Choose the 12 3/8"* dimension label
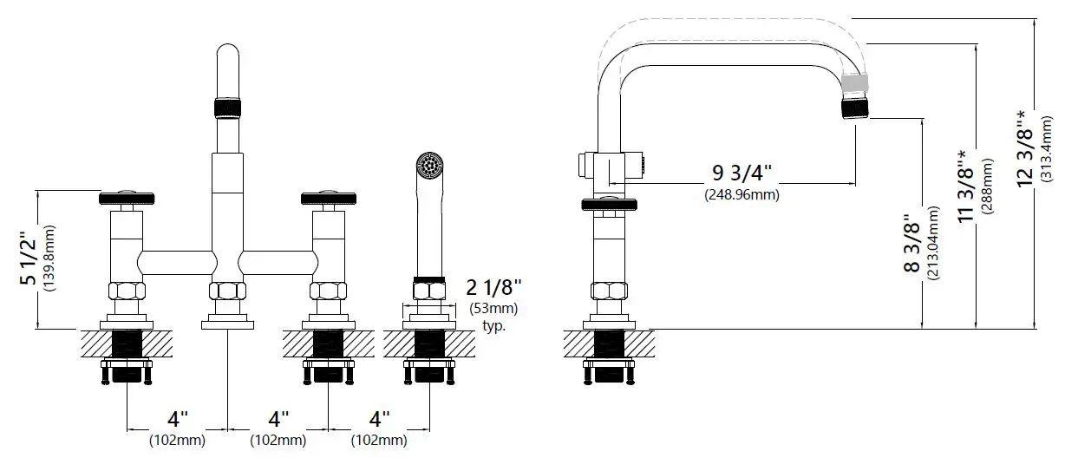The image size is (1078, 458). tap(1028, 148)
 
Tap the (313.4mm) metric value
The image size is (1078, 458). tap(1048, 148)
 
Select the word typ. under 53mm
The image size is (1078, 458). tap(493, 326)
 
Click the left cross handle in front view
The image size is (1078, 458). tap(128, 200)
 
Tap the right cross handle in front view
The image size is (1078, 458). tap(328, 200)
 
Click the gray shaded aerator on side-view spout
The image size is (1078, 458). tap(854, 83)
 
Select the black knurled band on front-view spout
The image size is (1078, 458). tap(227, 108)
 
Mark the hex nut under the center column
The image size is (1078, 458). tap(227, 291)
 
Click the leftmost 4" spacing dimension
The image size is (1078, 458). tap(177, 420)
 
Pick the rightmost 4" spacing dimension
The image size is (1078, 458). tap(378, 420)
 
